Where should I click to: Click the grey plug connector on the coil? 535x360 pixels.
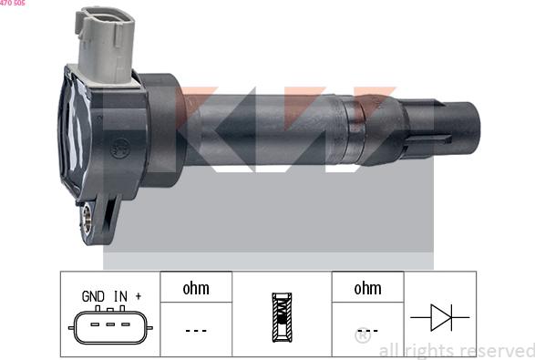point(106,45)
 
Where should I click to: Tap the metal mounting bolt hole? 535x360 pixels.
point(87,218)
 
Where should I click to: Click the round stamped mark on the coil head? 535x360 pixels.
point(119,148)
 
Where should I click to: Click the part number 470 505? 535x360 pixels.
point(12,3)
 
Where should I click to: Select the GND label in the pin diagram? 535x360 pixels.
point(93,296)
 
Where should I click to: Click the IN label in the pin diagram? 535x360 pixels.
point(120,296)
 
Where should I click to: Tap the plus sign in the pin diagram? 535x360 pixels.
point(139,296)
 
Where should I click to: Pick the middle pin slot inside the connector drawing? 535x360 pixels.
point(110,324)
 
